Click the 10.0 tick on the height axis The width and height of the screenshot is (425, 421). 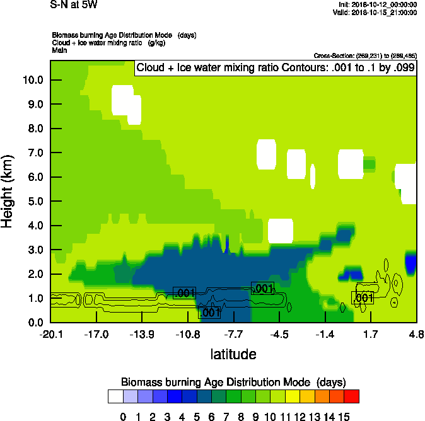(33, 80)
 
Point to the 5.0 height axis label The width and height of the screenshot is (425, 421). (33, 202)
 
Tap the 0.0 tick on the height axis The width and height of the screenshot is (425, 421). (33, 323)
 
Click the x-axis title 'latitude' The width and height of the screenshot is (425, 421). (233, 354)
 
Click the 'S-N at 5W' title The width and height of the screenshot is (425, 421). (73, 5)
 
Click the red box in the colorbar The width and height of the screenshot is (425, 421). (352, 396)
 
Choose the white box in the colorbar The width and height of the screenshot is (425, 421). (115, 396)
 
